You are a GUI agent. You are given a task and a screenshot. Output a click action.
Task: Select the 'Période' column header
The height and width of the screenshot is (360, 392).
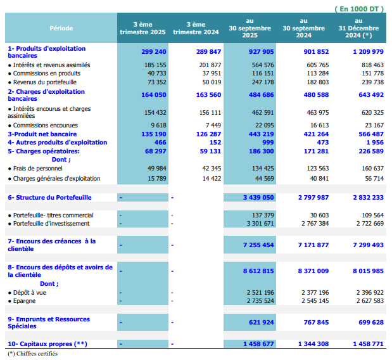61,28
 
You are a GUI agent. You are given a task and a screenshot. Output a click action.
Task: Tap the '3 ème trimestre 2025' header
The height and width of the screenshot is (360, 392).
143,28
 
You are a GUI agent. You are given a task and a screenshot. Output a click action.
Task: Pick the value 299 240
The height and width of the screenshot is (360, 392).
154,51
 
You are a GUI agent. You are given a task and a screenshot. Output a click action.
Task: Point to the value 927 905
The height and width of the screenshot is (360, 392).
262,51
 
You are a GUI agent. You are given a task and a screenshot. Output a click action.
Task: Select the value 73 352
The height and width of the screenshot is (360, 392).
156,82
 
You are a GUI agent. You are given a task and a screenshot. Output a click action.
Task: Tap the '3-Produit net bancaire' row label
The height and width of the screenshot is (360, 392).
42,134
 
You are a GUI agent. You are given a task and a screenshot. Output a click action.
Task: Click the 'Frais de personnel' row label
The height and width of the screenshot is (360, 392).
37,168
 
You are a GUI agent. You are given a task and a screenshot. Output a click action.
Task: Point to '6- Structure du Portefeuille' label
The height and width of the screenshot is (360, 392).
49,198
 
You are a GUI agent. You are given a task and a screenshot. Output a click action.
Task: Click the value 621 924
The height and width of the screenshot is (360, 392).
262,322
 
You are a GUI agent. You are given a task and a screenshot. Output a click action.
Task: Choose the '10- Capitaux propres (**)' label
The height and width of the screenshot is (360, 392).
47,344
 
